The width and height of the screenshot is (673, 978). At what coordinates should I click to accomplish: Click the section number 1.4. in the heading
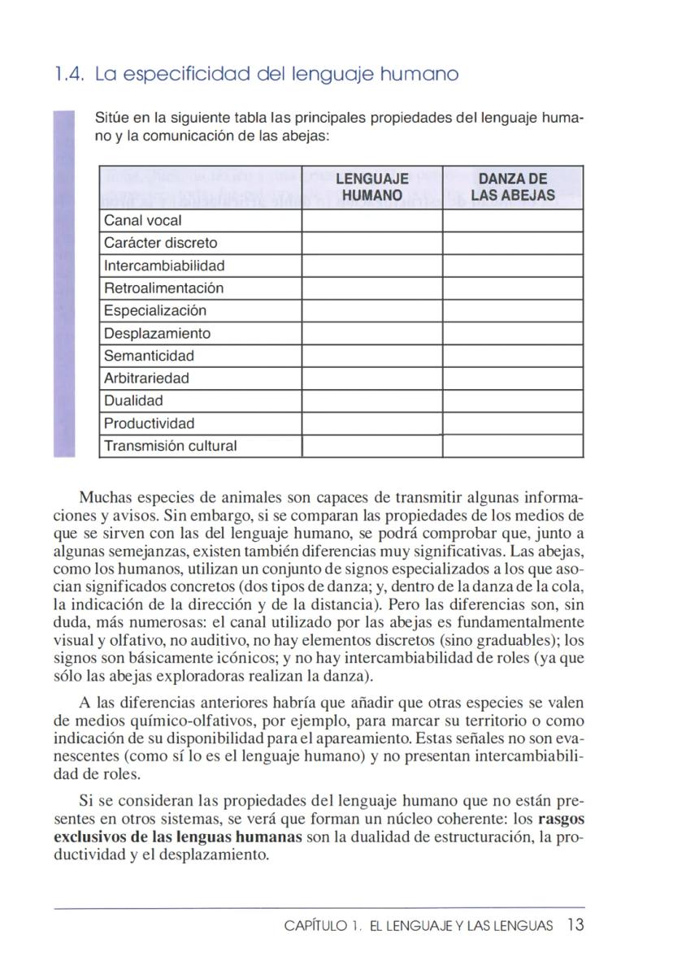coord(69,75)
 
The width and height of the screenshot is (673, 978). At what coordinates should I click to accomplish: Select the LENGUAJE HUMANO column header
coord(371,187)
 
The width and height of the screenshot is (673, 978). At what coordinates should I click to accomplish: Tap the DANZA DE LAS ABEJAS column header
coord(512,187)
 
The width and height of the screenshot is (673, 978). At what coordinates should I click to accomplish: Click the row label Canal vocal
coord(143,221)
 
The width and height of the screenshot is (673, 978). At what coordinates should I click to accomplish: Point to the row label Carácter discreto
coord(161,243)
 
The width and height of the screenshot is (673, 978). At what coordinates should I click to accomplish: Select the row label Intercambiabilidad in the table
coord(165,266)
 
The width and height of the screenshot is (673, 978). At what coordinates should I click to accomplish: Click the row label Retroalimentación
coord(164,288)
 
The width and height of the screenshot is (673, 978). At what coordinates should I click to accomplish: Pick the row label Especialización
coord(155,311)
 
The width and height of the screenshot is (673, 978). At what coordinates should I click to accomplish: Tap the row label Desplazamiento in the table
coord(158,334)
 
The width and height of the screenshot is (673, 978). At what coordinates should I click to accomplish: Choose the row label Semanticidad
coord(150,356)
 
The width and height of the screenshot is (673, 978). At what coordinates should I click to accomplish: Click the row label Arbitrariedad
coord(147,379)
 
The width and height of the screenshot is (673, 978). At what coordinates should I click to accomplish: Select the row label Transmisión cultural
coord(171,446)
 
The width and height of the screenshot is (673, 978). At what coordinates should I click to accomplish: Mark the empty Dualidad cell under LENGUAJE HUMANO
coord(371,401)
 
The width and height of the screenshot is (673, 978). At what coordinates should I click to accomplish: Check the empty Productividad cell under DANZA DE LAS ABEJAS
coord(512,423)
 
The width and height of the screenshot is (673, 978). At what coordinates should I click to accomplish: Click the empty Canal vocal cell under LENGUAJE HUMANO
coord(371,221)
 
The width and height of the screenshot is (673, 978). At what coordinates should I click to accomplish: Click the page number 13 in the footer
coord(576,926)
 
